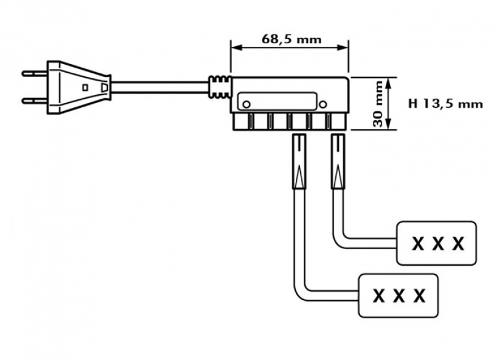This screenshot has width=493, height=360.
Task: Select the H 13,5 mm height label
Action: coord(445,104)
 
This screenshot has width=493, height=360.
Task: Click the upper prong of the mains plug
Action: coord(33,73)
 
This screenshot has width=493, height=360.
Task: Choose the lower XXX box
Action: coord(398,295)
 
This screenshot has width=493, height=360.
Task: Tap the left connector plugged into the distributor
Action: coord(299,162)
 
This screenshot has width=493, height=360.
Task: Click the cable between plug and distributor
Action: coord(160,86)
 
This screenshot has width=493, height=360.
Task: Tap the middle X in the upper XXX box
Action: coord(437,243)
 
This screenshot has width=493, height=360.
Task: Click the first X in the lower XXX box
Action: coord(379,296)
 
